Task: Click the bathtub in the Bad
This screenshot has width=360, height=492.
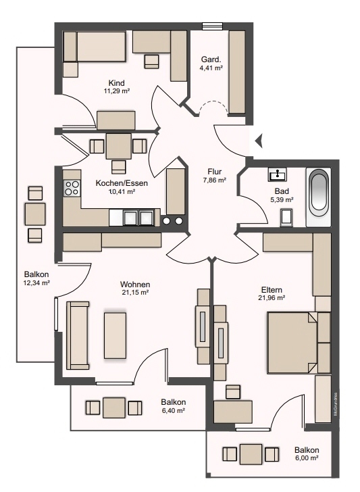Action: click(x=318, y=197)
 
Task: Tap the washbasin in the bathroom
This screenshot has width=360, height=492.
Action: click(x=278, y=174)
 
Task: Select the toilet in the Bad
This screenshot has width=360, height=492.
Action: click(x=287, y=217)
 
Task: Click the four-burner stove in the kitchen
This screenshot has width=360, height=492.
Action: click(x=72, y=189)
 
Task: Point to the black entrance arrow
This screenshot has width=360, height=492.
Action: click(x=259, y=141)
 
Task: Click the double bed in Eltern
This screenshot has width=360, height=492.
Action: click(x=292, y=343)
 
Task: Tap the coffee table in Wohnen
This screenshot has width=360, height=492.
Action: click(x=115, y=335)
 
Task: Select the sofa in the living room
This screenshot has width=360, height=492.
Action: click(x=78, y=335)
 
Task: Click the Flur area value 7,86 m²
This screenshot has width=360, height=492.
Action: click(x=215, y=180)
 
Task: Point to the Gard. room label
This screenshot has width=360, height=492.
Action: click(x=211, y=59)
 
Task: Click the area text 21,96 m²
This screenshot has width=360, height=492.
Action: click(x=272, y=298)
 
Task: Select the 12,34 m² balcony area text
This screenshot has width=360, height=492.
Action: click(x=36, y=282)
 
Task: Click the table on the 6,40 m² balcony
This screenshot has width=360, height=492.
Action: click(x=114, y=408)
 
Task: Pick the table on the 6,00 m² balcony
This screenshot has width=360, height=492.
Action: click(x=251, y=454)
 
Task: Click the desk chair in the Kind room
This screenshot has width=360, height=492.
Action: click(x=152, y=62)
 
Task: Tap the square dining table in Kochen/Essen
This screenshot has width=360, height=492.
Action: click(x=119, y=146)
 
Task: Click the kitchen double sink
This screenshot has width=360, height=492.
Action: click(x=138, y=218)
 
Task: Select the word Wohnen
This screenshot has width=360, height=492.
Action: click(x=135, y=285)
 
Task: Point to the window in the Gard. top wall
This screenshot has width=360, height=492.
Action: click(x=212, y=26)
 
